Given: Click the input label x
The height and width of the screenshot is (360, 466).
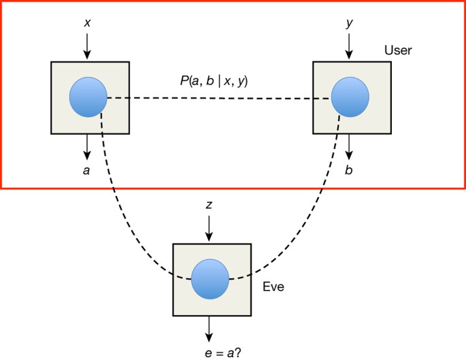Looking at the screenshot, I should [87, 22].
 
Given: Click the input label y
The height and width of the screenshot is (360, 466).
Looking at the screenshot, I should [349, 22].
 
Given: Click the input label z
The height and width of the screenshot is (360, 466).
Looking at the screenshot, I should [209, 205].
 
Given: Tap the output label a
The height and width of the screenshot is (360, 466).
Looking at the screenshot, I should [86, 170].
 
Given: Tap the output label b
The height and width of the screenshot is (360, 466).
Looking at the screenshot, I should [349, 170].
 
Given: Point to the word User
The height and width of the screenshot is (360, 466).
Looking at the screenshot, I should [398, 50].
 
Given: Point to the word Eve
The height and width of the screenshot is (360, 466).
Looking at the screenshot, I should [273, 287].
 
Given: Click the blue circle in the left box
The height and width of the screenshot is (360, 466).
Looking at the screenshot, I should [88, 98].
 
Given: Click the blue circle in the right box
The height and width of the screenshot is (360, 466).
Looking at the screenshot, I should [350, 98].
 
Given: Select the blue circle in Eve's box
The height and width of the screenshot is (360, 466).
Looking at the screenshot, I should [210, 280].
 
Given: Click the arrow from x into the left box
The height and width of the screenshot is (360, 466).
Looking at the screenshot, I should [87, 46].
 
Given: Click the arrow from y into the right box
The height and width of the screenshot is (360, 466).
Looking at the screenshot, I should [349, 46].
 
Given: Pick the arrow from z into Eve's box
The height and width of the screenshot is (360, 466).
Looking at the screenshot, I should [209, 229].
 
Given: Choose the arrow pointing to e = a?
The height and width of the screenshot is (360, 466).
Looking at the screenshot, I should [210, 329].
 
